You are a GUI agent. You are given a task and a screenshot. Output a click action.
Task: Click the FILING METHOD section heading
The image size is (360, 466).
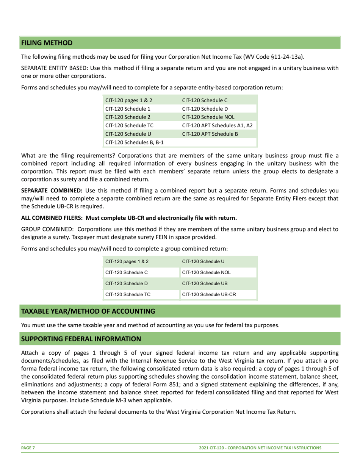click(47, 43)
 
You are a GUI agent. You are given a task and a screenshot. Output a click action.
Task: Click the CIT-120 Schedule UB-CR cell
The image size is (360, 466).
click(209, 294)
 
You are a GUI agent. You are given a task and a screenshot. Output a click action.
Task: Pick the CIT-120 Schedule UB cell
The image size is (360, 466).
click(205, 283)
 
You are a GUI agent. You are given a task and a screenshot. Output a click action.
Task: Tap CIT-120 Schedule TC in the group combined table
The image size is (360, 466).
click(128, 294)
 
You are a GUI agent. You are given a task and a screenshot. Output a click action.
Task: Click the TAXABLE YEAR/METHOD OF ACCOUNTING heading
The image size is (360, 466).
click(88, 311)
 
